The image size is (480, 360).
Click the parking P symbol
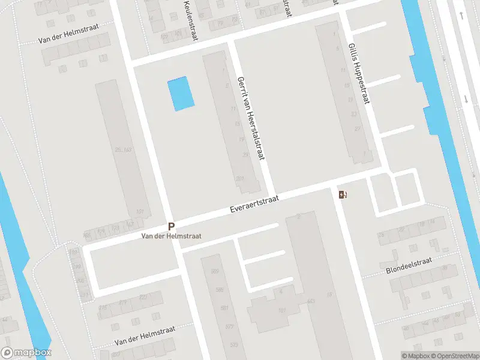point(171,227)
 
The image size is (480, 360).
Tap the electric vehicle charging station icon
point(343,194)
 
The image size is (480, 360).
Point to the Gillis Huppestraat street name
point(358,74)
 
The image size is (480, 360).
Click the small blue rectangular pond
point(181,94)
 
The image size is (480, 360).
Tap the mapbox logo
point(26,353)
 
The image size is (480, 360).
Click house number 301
point(240,178)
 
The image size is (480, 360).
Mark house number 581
point(224,308)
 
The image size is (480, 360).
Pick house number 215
point(103,307)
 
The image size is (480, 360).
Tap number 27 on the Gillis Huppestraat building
point(358,129)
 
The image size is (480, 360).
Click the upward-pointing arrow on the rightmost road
point(461,14)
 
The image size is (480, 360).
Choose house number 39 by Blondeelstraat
point(445,267)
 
